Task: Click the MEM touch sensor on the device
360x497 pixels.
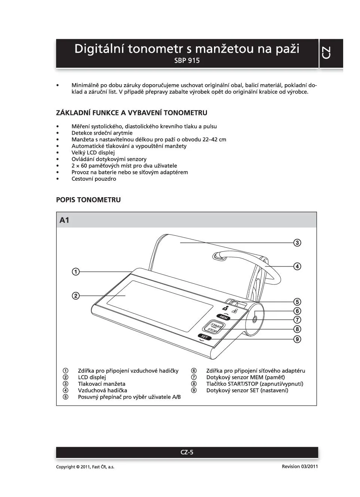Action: [x=223, y=317]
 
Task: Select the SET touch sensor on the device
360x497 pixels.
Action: [x=204, y=337]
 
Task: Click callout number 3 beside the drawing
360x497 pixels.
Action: [x=297, y=243]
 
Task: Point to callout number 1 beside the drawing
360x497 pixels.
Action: [x=76, y=272]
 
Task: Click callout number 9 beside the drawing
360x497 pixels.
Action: [x=297, y=339]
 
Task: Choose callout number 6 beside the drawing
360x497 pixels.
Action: [x=297, y=311]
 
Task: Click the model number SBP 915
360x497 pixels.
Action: [x=187, y=61]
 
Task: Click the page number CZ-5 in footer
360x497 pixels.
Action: [x=187, y=452]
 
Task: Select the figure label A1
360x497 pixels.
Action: [x=64, y=220]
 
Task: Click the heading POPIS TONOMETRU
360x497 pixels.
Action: [x=88, y=200]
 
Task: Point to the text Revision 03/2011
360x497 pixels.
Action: [x=300, y=466]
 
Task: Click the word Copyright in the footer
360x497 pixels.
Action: [x=65, y=467]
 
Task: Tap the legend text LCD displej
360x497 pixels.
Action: [x=92, y=377]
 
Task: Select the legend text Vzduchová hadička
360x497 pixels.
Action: [x=103, y=390]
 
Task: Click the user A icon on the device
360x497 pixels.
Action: [x=225, y=308]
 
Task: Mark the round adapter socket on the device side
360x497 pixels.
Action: [x=254, y=319]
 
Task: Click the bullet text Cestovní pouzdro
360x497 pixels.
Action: [x=94, y=179]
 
